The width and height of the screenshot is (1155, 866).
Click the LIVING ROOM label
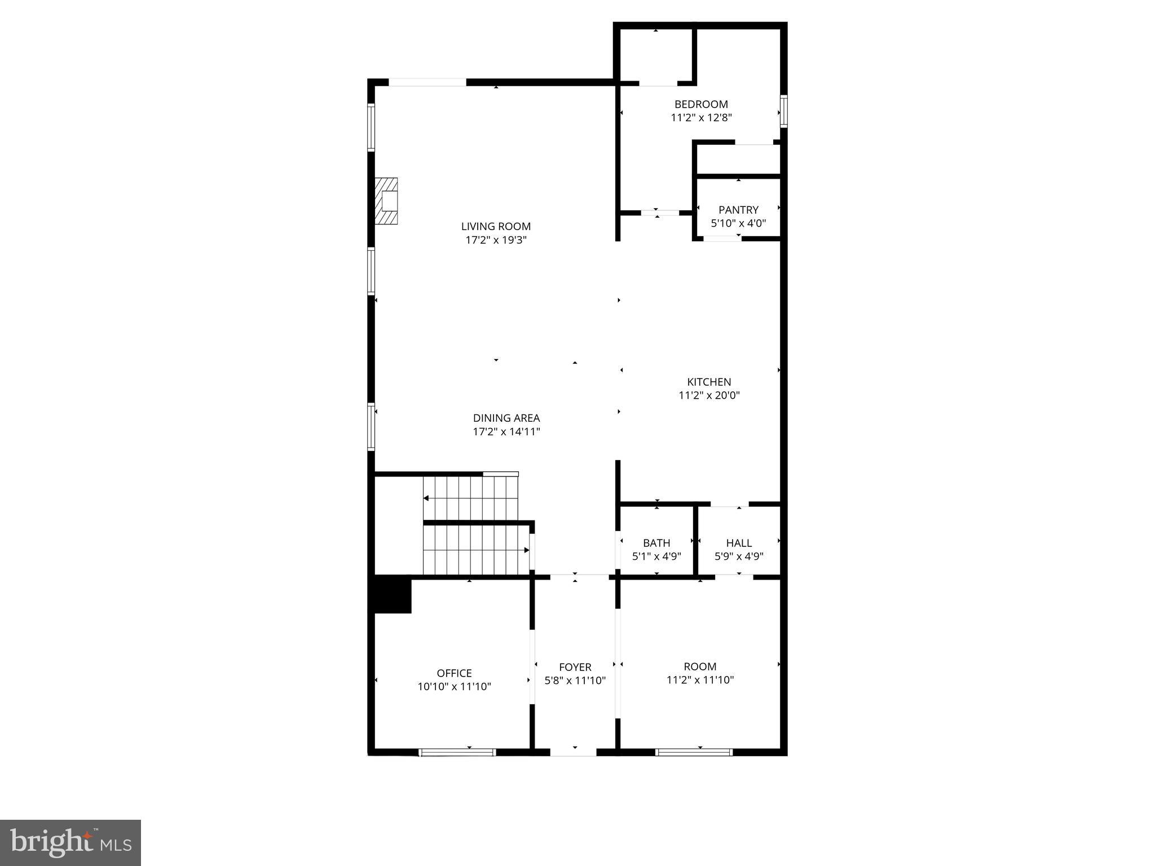pyautogui.click(x=496, y=226)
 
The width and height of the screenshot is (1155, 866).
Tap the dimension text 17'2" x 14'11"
pyautogui.click(x=506, y=432)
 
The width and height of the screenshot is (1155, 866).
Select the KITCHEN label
pyautogui.click(x=709, y=382)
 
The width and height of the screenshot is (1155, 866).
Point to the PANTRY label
pyautogui.click(x=738, y=210)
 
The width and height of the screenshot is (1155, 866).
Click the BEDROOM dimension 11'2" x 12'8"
pyautogui.click(x=701, y=118)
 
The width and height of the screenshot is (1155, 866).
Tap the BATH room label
pyautogui.click(x=656, y=543)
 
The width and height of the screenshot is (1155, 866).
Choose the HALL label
pyautogui.click(x=739, y=543)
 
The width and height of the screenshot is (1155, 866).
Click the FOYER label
pyautogui.click(x=575, y=667)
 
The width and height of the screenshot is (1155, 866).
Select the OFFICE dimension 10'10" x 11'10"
pyautogui.click(x=454, y=687)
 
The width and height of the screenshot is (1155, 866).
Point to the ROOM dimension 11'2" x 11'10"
pyautogui.click(x=700, y=680)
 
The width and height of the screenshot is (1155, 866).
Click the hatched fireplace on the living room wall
pyautogui.click(x=387, y=201)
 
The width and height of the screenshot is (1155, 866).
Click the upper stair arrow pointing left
pyautogui.click(x=427, y=498)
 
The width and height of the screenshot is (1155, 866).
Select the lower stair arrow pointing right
pyautogui.click(x=526, y=550)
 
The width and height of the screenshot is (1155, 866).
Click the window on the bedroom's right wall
pyautogui.click(x=783, y=111)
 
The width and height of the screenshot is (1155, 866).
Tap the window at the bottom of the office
pyautogui.click(x=457, y=752)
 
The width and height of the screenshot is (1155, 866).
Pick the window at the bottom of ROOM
pyautogui.click(x=694, y=752)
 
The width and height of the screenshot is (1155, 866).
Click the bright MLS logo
pyautogui.click(x=70, y=843)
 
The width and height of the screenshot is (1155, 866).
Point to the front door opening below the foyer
pyautogui.click(x=573, y=752)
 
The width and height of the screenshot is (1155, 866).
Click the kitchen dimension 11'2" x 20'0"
pyautogui.click(x=709, y=395)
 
